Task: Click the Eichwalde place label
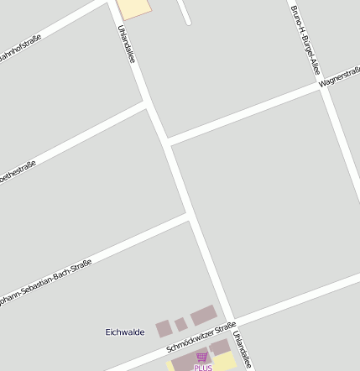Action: point(125,332)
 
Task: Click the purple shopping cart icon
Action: point(201,357)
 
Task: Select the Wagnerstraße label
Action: point(339,77)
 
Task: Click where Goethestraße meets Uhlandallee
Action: point(149,104)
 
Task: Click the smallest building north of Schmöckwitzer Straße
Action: point(180,324)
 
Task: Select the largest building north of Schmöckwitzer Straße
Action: point(204,316)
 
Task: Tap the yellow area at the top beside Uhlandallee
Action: point(134,8)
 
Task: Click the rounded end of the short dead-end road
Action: point(188,22)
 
